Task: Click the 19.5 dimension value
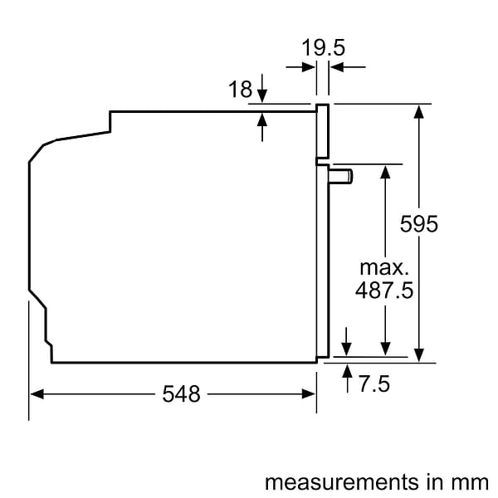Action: (323, 48)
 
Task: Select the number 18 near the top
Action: (240, 90)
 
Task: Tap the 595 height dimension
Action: (418, 224)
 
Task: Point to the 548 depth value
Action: (181, 394)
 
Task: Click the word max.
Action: (384, 267)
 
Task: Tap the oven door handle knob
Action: (341, 175)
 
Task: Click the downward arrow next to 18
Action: (262, 96)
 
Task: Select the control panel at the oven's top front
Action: (322, 131)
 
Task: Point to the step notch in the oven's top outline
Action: (110, 121)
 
